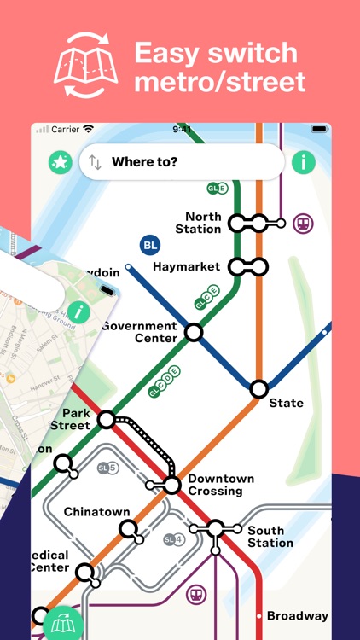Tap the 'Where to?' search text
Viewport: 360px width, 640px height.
[x=145, y=162]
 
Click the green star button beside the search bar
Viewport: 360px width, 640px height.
[x=61, y=162]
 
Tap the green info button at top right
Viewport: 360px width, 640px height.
[x=303, y=162]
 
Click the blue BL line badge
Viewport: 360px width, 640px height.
[x=150, y=246]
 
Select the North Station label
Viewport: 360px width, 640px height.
[x=198, y=223]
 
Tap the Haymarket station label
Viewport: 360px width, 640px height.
[x=186, y=267]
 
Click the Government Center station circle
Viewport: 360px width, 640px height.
[x=195, y=333]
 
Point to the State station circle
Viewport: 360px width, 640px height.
[x=258, y=389]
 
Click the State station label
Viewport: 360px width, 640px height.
[x=286, y=404]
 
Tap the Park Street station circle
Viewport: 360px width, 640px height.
[x=106, y=419]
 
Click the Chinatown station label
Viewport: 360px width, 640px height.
[x=97, y=513]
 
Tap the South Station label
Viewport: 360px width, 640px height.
[x=270, y=537]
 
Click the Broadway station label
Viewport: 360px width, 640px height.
[x=297, y=616]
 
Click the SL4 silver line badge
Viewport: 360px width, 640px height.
[x=173, y=539]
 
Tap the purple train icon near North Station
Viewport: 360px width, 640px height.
[x=302, y=224]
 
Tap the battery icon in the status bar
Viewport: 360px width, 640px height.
[x=319, y=130]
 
